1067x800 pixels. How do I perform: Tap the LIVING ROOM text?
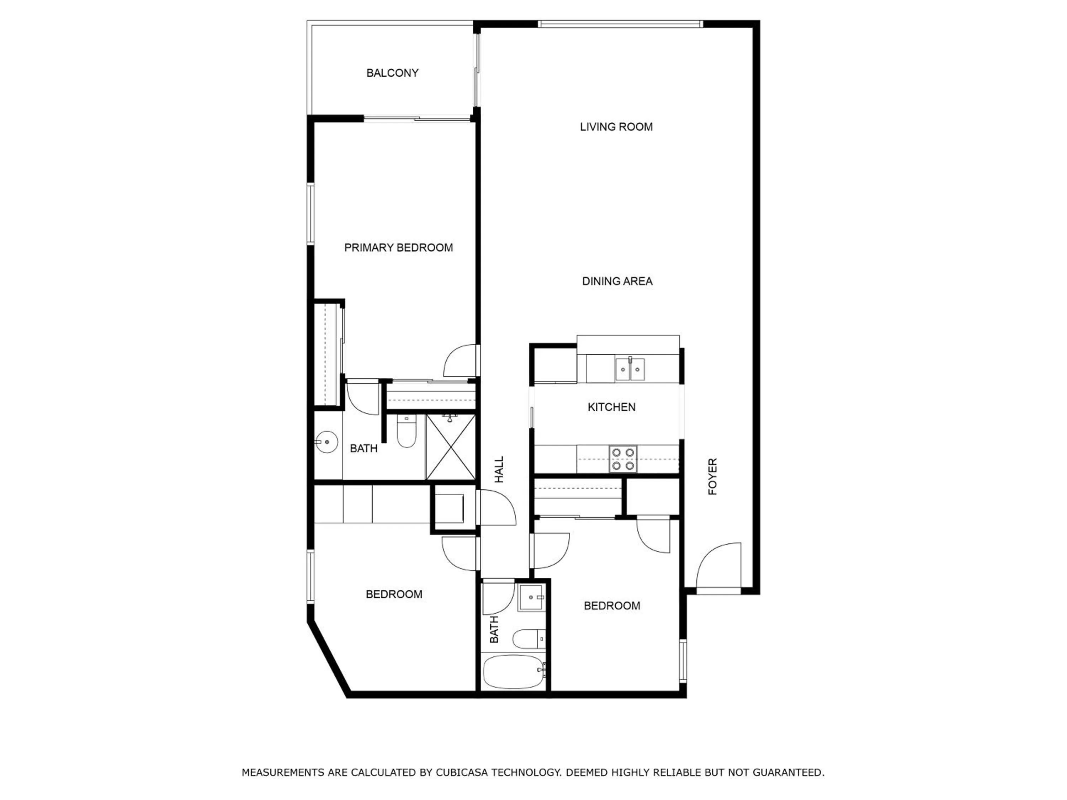[616, 127]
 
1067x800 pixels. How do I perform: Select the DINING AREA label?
[617, 281]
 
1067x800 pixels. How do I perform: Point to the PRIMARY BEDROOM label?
[398, 247]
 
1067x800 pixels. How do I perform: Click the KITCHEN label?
[611, 407]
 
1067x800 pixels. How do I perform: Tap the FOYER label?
[712, 476]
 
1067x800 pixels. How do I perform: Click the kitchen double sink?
[630, 370]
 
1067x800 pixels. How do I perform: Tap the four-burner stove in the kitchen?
[623, 459]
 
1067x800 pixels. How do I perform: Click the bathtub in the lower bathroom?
[514, 672]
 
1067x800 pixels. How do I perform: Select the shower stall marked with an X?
[451, 447]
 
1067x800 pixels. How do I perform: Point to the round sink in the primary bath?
[327, 442]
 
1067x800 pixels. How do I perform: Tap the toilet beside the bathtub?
[528, 639]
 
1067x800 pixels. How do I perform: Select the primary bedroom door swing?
[460, 361]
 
